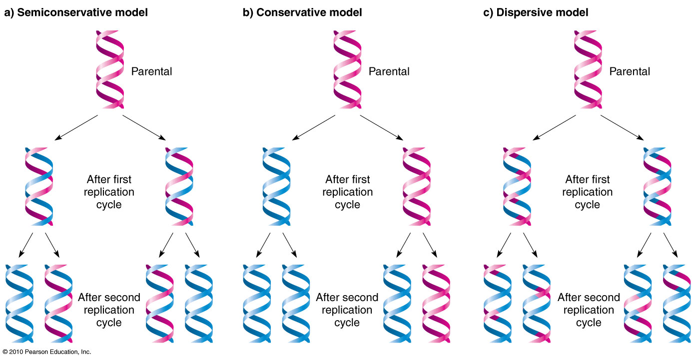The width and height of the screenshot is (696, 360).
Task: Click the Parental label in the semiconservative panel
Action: pos(151,71)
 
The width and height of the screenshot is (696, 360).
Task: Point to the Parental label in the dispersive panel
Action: pos(630,71)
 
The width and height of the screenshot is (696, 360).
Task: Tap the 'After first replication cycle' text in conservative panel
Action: pos(347,192)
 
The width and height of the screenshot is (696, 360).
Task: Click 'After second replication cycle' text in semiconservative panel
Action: pos(109,310)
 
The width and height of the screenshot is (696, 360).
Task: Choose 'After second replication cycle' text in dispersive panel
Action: pos(589,310)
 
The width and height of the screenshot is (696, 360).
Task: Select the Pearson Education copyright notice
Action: pos(46,352)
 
